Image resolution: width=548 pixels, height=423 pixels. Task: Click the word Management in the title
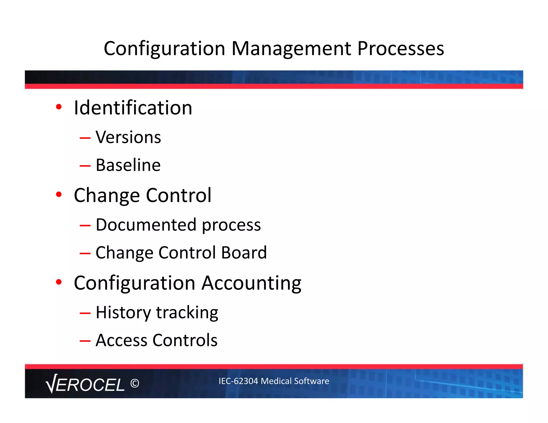291,49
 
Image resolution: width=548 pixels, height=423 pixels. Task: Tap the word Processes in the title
401,49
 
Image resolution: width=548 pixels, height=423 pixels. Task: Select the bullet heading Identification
133,108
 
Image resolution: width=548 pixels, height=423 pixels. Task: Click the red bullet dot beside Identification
59,107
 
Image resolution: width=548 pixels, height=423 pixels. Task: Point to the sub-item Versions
128,137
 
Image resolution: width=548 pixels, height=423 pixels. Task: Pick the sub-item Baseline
128,165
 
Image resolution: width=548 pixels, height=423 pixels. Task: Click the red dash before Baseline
85,166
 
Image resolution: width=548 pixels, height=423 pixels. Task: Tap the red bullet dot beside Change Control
59,194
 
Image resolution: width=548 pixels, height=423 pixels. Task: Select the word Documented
146,225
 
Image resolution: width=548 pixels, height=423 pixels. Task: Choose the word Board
244,252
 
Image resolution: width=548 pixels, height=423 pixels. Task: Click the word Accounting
251,283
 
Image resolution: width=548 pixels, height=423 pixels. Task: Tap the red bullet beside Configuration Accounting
59,282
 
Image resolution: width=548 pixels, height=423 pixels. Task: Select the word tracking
187,313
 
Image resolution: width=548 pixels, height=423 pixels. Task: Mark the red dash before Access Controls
85,341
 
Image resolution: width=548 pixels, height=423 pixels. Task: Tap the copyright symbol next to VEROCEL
135,383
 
